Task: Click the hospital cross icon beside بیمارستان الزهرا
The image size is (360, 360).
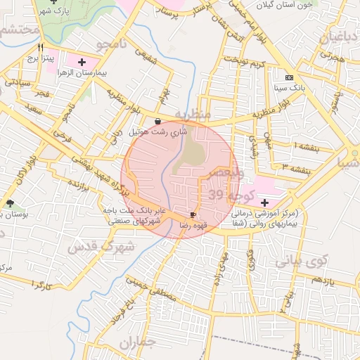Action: pyautogui.click(x=83, y=62)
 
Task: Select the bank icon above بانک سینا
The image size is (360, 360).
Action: pyautogui.click(x=289, y=77)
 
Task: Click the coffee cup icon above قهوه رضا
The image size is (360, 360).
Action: pyautogui.click(x=193, y=214)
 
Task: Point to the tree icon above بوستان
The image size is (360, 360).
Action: pyautogui.click(x=10, y=203)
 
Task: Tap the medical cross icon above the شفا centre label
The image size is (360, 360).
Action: pyautogui.click(x=264, y=202)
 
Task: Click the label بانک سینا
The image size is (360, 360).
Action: pyautogui.click(x=289, y=89)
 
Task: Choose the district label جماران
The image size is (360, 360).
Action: pyautogui.click(x=137, y=344)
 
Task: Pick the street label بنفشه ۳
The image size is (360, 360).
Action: pyautogui.click(x=295, y=166)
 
